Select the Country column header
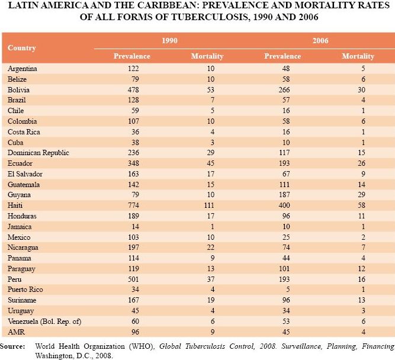point(22,48)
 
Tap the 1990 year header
point(169,41)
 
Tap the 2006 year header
point(320,41)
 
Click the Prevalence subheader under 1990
point(132,56)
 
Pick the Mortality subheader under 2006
point(358,56)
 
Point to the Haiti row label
point(15,205)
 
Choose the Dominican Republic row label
point(38,153)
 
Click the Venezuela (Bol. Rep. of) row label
point(44,322)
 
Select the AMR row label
point(17,332)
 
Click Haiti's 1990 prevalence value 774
point(133,205)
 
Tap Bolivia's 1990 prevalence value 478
point(133,90)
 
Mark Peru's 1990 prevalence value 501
point(133,279)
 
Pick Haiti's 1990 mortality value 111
point(209,205)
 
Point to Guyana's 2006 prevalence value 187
point(284,195)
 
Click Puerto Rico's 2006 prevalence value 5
point(288,290)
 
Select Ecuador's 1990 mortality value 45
point(211,163)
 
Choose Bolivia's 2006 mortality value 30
point(361,90)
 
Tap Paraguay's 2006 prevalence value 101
point(284,269)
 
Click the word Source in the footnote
point(12,346)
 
